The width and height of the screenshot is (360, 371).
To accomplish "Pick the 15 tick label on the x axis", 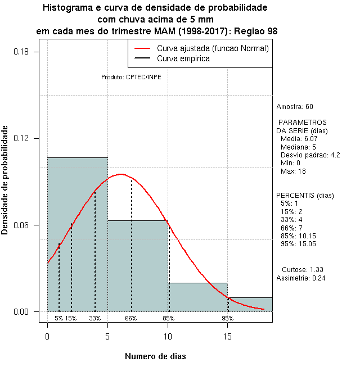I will click(228, 336).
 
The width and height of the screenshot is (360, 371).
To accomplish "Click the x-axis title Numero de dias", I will click(155, 356).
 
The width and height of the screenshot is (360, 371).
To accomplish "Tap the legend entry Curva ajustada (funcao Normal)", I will click(213, 48).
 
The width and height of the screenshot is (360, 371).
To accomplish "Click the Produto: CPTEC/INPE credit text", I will click(131, 77).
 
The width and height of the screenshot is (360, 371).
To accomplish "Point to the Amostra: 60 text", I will click(295, 107).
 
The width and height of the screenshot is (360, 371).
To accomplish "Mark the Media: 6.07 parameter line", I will click(299, 139).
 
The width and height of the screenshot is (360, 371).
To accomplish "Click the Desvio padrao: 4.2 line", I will click(310, 155).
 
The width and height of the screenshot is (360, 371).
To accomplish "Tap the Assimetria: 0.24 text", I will click(301, 278).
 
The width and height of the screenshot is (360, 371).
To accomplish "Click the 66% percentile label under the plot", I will click(131, 318).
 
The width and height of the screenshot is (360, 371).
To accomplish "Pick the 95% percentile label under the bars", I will click(228, 318).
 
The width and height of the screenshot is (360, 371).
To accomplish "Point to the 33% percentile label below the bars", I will click(95, 318).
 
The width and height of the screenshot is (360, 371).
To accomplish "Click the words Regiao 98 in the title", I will click(256, 31).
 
